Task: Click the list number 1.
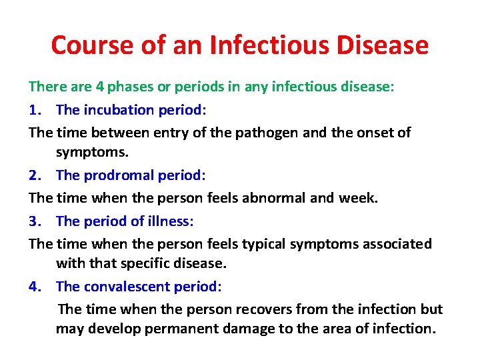[x=35, y=109]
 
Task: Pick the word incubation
[x=118, y=109]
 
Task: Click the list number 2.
[x=35, y=175]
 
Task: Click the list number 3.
[x=35, y=221]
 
